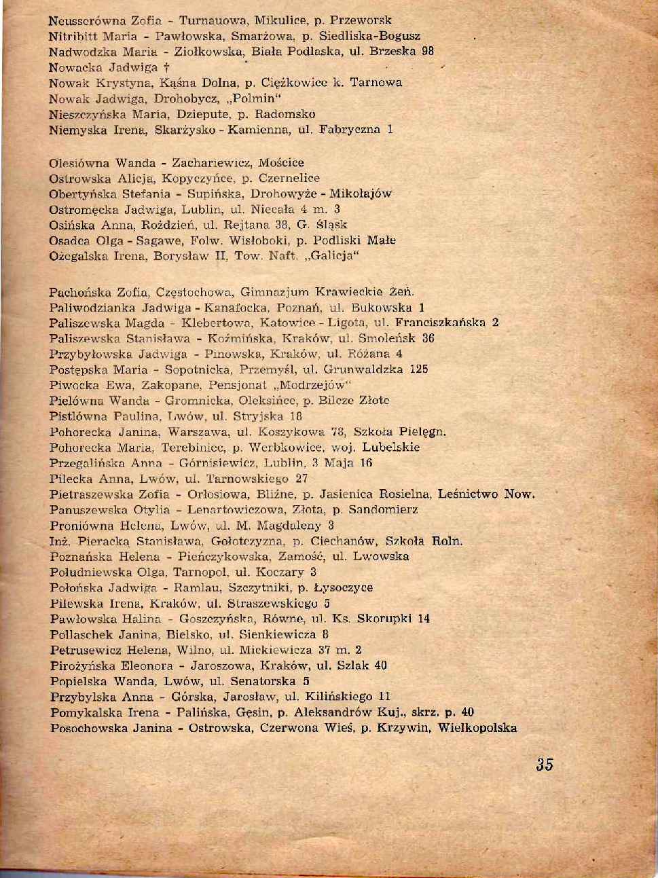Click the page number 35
(x=544, y=764)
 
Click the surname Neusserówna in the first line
(x=81, y=20)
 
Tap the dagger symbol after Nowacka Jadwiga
(x=166, y=67)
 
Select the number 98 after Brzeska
(x=427, y=51)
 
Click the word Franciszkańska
(x=440, y=323)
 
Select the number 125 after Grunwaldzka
(x=419, y=369)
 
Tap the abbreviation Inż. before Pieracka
(x=60, y=541)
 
